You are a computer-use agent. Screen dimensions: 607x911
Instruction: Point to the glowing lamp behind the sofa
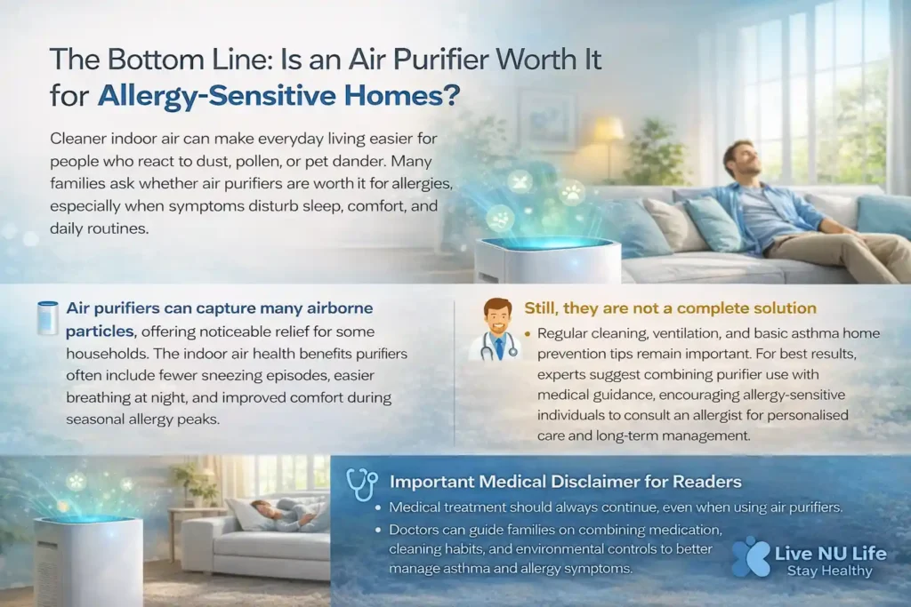point(609,132)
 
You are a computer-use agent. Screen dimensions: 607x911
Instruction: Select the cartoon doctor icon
point(496,330)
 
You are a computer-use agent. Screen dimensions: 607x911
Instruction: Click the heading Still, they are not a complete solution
point(671,308)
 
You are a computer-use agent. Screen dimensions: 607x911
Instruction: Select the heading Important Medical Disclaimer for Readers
point(565,482)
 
